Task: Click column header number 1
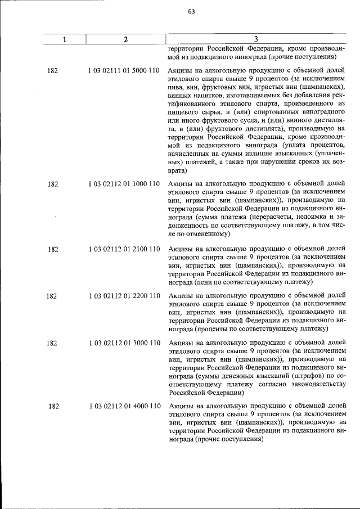point(65,39)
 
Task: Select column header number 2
point(125,39)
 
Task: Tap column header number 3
point(255,39)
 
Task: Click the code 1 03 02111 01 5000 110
point(124,71)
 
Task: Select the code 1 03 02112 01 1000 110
point(124,184)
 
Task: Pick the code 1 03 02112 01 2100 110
point(124,249)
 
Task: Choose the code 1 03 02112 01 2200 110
point(124,296)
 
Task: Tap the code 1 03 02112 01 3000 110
point(124,343)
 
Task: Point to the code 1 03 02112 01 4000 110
point(124,406)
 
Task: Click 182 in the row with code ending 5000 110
point(53,71)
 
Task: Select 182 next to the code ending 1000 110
point(53,184)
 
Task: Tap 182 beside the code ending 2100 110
point(53,249)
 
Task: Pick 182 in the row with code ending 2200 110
point(51,296)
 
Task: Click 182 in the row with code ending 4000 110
point(54,406)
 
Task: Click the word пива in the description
point(176,88)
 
